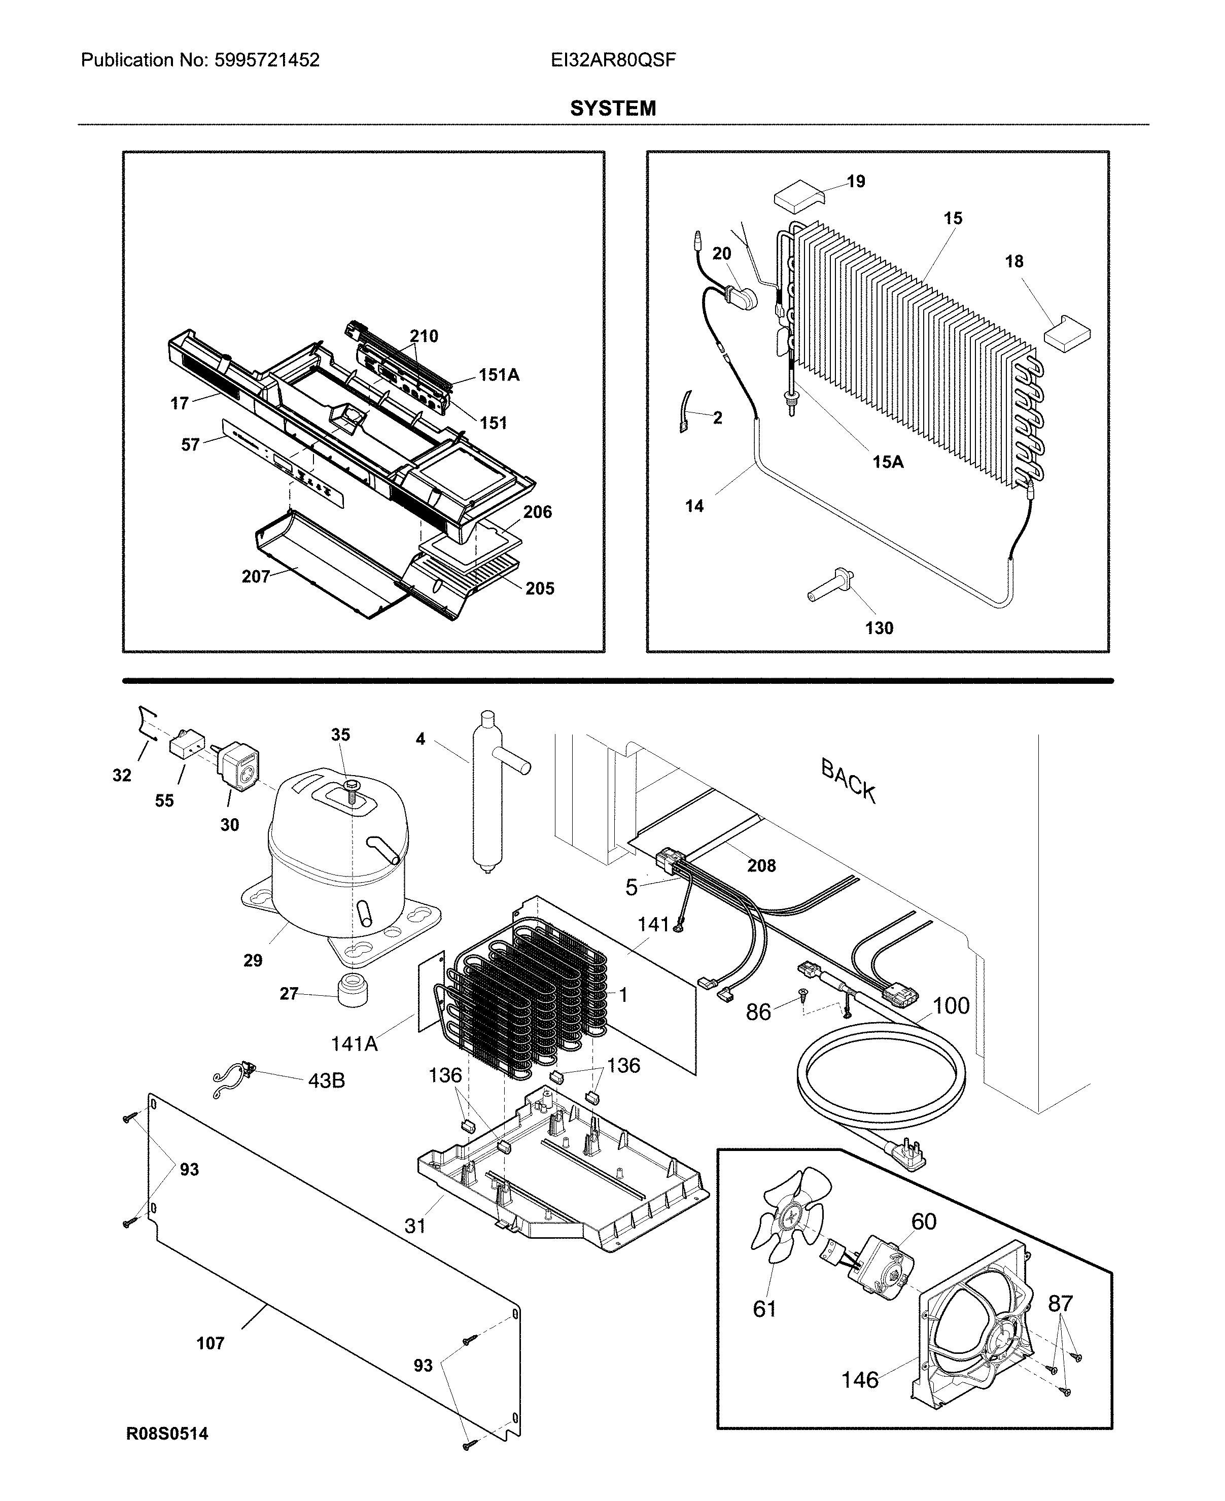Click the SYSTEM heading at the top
[613, 108]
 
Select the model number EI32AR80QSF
[613, 60]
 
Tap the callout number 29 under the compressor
[253, 960]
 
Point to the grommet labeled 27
[353, 992]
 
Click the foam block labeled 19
[799, 195]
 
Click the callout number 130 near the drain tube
[879, 627]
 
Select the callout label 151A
[499, 375]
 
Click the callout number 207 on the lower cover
[256, 577]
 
